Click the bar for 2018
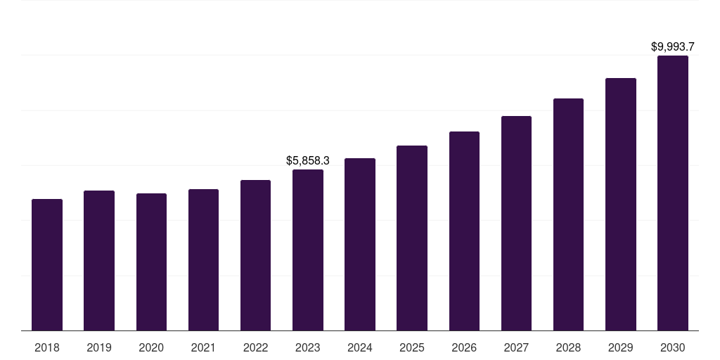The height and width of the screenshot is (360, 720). [x=47, y=265]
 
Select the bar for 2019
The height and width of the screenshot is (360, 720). [x=99, y=261]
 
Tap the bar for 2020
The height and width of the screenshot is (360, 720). [x=151, y=262]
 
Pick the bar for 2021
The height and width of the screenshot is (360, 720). [x=203, y=260]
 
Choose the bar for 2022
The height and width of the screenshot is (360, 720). [x=255, y=255]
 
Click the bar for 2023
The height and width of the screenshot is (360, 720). [x=308, y=250]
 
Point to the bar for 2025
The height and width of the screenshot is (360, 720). [x=412, y=238]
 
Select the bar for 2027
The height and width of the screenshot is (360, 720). [x=516, y=224]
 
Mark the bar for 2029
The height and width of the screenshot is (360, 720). [x=620, y=205]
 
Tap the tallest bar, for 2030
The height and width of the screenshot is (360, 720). [x=673, y=193]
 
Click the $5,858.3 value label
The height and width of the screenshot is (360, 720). [x=308, y=161]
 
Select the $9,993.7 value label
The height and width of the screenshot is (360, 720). [x=673, y=47]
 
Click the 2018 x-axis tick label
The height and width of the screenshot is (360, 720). [x=47, y=347]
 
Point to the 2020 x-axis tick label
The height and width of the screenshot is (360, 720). [x=151, y=347]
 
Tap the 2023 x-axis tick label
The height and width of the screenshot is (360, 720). [x=308, y=347]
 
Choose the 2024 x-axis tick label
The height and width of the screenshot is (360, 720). [x=360, y=347]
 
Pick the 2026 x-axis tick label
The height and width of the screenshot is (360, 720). [x=464, y=347]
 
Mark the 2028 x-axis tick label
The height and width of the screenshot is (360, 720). [x=568, y=347]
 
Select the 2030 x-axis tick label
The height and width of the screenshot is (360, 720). [x=673, y=347]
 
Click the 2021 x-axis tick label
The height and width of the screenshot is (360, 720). [x=203, y=347]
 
